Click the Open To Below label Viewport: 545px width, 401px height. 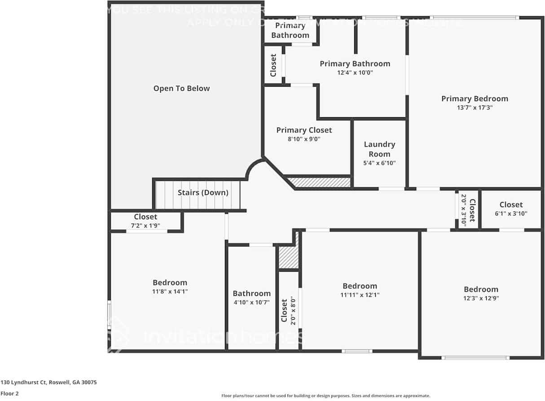coord(181,88)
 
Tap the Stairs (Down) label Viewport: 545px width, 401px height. coord(203,193)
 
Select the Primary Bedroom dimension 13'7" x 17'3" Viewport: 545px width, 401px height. coord(474,108)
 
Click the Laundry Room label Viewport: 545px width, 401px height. coord(379,149)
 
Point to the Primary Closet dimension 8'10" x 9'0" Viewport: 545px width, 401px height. coord(304,139)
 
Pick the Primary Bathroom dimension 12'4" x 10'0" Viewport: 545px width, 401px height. coord(355,72)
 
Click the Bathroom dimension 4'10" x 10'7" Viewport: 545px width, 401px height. coord(251,302)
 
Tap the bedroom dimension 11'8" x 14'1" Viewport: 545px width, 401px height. coord(170,291)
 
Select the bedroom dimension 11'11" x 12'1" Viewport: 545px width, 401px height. coord(360,295)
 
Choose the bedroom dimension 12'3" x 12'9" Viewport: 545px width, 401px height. coord(481,298)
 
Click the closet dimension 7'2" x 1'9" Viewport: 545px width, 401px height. coord(145,225)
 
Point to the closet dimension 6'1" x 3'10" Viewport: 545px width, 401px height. coord(511,213)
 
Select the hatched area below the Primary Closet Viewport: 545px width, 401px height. coord(319,182)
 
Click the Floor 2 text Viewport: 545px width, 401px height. coord(9,393)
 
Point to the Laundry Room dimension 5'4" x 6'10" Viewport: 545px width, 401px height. coord(379,163)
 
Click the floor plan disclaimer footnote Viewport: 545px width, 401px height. coord(325,396)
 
